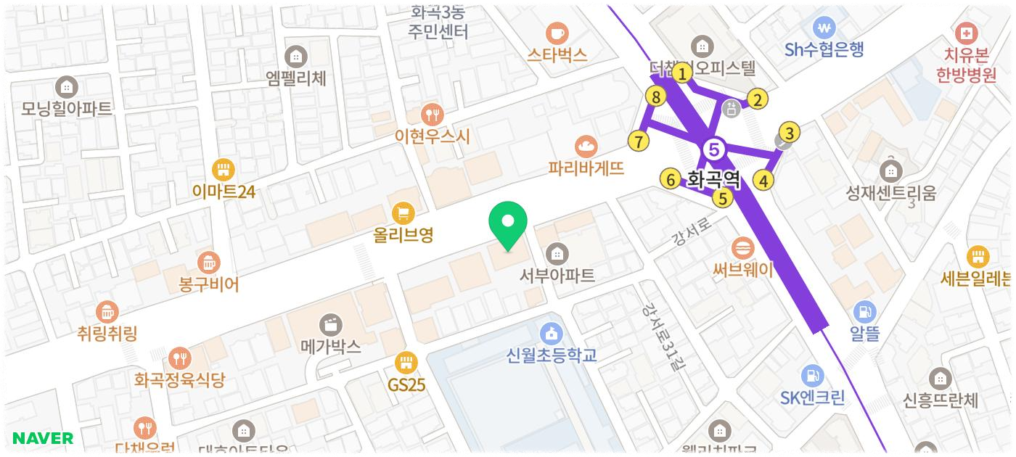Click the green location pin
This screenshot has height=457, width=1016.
[x=508, y=223]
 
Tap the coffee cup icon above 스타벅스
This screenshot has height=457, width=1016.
[x=557, y=33]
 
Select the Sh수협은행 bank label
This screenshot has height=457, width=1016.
[x=824, y=49]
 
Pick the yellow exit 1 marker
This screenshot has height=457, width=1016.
[x=681, y=73]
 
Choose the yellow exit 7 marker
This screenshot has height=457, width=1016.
[x=638, y=141]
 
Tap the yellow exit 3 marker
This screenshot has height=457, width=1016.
[x=789, y=133]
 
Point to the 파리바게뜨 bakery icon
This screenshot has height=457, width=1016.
[x=586, y=147]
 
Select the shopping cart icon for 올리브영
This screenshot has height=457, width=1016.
[x=403, y=213]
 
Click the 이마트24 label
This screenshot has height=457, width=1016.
[x=224, y=191]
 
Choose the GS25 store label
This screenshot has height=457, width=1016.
[x=406, y=384]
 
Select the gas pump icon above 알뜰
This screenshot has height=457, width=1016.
[x=864, y=312]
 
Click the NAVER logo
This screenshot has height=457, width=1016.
[x=43, y=438]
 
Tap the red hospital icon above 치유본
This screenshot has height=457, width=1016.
[x=966, y=33]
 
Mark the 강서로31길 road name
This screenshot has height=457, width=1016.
[x=663, y=337]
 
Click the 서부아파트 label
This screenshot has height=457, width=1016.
[x=557, y=276]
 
